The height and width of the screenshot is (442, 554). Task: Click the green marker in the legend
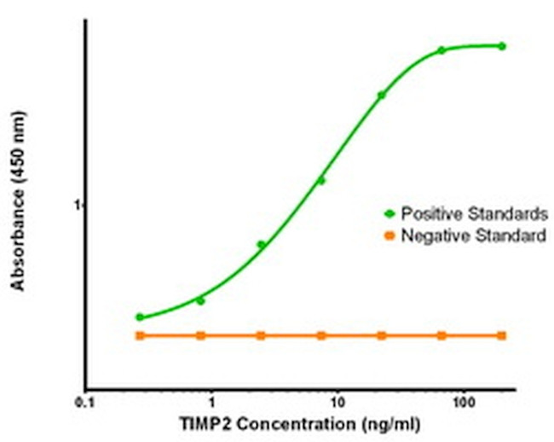(x=390, y=212)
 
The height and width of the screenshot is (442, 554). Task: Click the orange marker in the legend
(x=390, y=236)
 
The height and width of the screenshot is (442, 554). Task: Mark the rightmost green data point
(x=502, y=46)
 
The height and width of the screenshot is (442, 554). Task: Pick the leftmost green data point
(x=140, y=317)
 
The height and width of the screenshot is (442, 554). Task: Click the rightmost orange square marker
(x=502, y=335)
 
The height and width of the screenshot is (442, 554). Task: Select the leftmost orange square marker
(x=140, y=335)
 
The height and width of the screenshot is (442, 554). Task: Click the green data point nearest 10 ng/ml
(x=321, y=180)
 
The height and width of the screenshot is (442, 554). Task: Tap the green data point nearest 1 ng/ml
(x=200, y=300)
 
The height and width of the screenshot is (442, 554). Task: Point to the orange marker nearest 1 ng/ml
(x=200, y=335)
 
